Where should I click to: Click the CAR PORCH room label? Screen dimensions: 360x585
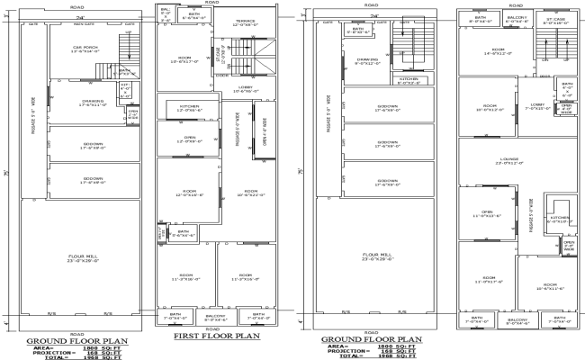click(x=85, y=49)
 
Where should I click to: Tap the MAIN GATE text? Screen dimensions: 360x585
click(x=85, y=25)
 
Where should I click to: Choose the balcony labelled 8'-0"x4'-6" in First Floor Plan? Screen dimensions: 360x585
click(x=216, y=318)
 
